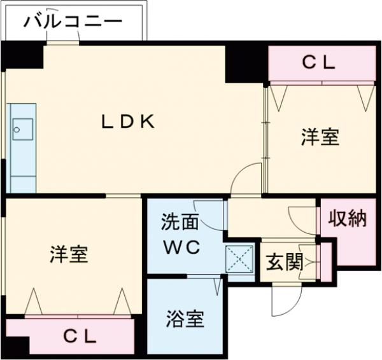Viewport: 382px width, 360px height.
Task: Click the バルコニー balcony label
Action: [x=73, y=22]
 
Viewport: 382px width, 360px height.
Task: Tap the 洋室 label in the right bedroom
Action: [x=320, y=137]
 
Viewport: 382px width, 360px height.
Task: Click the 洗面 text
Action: [x=180, y=223]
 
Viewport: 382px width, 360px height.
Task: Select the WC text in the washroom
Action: [x=184, y=247]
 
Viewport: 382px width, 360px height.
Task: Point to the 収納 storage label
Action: [x=348, y=219]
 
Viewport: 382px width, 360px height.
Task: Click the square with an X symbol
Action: [x=240, y=258]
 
